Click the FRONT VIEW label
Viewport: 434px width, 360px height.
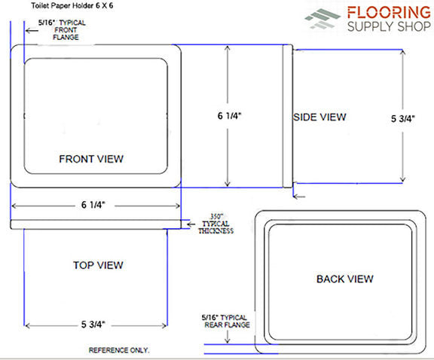pyautogui.click(x=91, y=159)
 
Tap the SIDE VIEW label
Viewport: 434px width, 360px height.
pyautogui.click(x=319, y=117)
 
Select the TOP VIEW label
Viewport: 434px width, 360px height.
pyautogui.click(x=98, y=265)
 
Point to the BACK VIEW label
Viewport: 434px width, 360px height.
pyautogui.click(x=345, y=279)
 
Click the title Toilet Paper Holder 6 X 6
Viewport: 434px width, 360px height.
pyautogui.click(x=72, y=5)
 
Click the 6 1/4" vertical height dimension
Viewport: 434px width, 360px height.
pyautogui.click(x=230, y=116)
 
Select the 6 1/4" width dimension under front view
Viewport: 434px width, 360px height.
pyautogui.click(x=93, y=205)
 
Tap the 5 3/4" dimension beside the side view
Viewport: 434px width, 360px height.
pyautogui.click(x=403, y=119)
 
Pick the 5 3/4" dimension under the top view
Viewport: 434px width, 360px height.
pyautogui.click(x=93, y=324)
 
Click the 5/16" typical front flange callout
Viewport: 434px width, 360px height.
pyautogui.click(x=62, y=30)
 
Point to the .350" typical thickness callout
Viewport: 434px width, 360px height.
pyautogui.click(x=216, y=224)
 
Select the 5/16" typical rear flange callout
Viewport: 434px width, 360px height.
pyautogui.click(x=225, y=321)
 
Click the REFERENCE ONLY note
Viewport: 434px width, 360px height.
pyautogui.click(x=119, y=350)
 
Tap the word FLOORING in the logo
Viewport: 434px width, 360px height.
pyautogui.click(x=389, y=13)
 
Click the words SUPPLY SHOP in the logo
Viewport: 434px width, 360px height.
pyautogui.click(x=389, y=26)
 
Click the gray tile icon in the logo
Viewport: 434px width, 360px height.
pyautogui.click(x=322, y=19)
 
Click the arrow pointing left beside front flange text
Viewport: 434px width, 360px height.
pyautogui.click(x=32, y=30)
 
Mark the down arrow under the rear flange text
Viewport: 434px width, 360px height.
pyautogui.click(x=228, y=337)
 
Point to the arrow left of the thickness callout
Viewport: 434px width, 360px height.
pyautogui.click(x=191, y=224)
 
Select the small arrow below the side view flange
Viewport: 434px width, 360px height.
pyautogui.click(x=299, y=197)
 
